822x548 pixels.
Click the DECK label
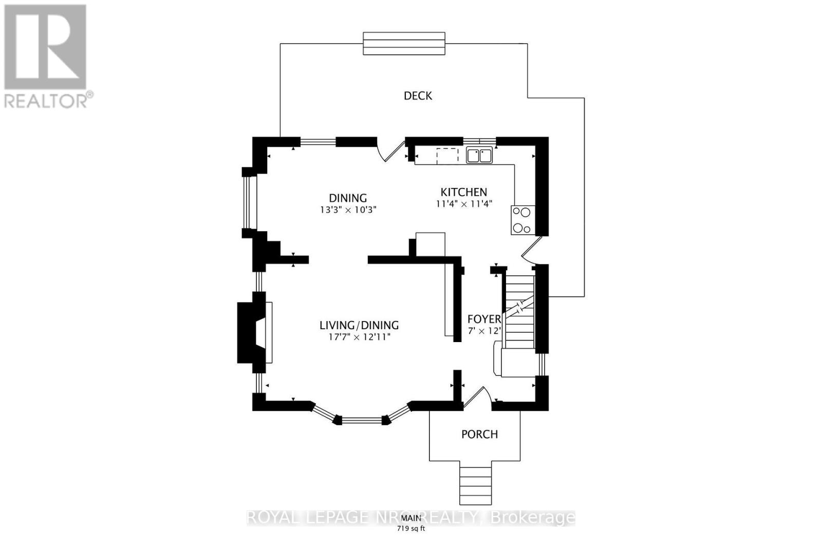pyautogui.click(x=418, y=96)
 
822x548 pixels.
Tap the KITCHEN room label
pyautogui.click(x=463, y=192)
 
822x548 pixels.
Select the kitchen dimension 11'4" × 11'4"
pyautogui.click(x=463, y=203)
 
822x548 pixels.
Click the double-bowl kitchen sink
pyautogui.click(x=479, y=155)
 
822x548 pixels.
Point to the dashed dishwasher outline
pyautogui.click(x=447, y=156)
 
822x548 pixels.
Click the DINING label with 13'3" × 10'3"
pyautogui.click(x=348, y=198)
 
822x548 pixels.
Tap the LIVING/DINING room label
pyautogui.click(x=359, y=325)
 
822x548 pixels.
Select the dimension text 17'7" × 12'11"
pyautogui.click(x=359, y=337)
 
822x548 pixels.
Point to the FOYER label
pyautogui.click(x=484, y=319)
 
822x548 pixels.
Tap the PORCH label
pyautogui.click(x=479, y=434)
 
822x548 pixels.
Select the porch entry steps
pyautogui.click(x=476, y=485)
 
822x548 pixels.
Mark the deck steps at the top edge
pyautogui.click(x=404, y=43)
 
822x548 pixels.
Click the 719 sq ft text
pyautogui.click(x=410, y=529)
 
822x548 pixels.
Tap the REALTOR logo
pyautogui.click(x=46, y=56)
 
